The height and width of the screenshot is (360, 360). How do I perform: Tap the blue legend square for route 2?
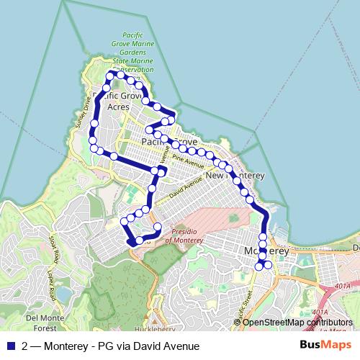click(10, 346)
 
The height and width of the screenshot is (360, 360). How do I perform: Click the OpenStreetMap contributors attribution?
click(299, 322)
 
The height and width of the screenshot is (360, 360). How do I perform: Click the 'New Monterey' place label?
click(235, 176)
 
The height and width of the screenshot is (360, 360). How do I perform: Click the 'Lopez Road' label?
click(51, 277)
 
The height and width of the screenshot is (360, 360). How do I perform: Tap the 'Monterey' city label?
click(266, 251)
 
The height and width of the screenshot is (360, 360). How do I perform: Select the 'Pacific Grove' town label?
click(169, 142)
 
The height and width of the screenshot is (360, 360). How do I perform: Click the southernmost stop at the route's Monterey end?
click(259, 267)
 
